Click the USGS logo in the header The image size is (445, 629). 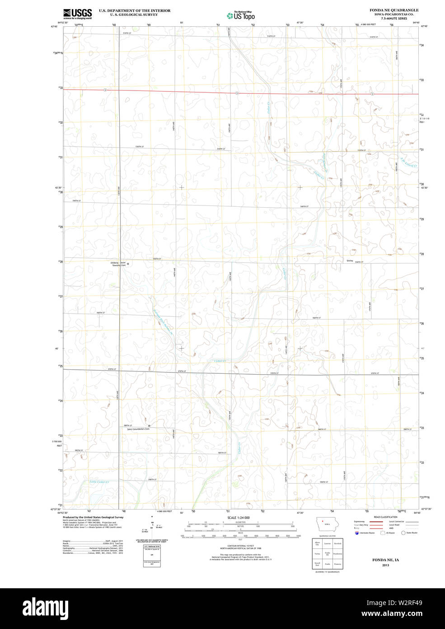(x=77, y=13)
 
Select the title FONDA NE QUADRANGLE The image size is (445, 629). (x=394, y=10)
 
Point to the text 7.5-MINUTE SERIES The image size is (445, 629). (x=394, y=18)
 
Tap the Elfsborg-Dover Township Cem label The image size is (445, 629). (x=118, y=264)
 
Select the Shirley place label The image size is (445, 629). (x=350, y=261)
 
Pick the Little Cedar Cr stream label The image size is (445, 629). (x=99, y=482)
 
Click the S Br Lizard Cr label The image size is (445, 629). (x=409, y=163)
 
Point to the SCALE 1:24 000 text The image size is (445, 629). (x=239, y=517)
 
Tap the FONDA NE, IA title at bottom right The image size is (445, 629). (x=385, y=560)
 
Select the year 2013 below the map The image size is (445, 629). (x=385, y=565)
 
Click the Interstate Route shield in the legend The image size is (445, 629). (x=356, y=533)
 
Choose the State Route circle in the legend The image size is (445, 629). (x=403, y=533)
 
